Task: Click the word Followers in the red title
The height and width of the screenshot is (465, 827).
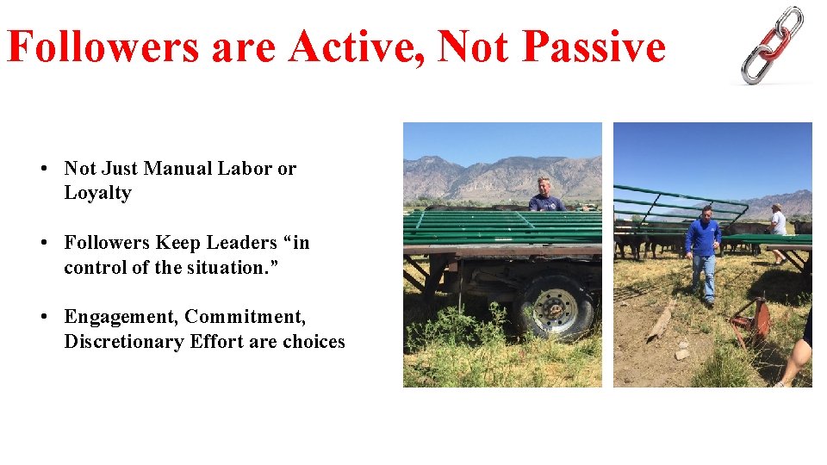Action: tap(103, 46)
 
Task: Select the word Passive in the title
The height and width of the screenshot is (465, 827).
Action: tap(594, 46)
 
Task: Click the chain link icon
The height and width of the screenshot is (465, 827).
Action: tap(773, 45)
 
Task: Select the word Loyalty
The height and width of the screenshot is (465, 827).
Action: tap(97, 193)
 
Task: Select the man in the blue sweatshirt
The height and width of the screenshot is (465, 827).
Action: tap(705, 251)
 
